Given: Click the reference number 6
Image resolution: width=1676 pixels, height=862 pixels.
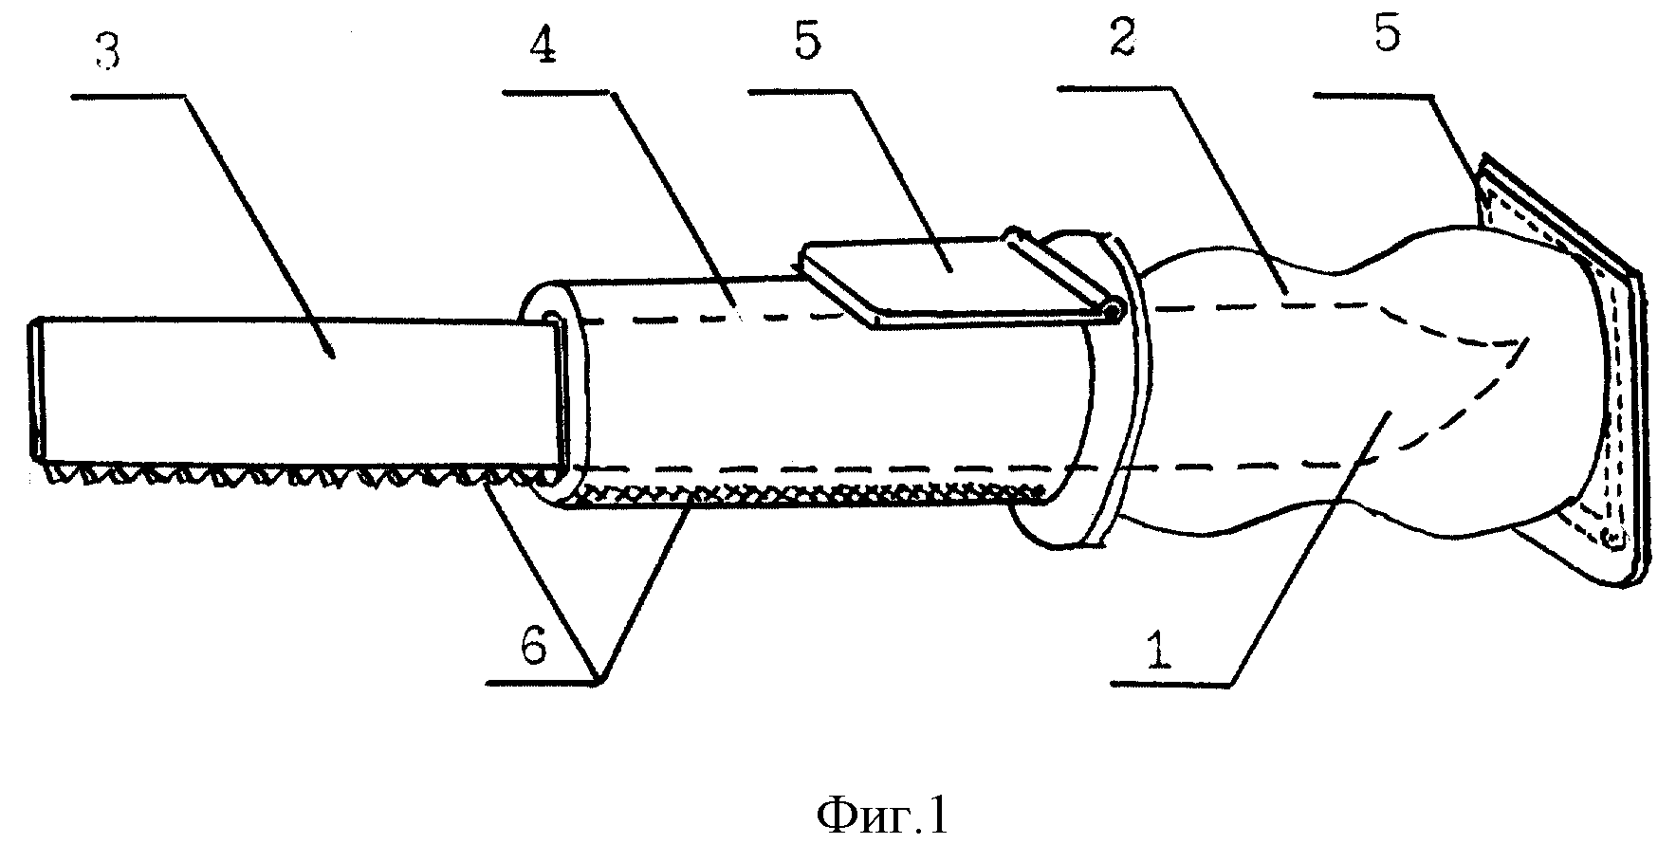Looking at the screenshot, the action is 533,649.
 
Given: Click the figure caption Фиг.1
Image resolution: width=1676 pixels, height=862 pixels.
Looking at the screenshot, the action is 881,817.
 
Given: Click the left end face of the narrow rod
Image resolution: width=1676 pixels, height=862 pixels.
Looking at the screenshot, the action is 35,392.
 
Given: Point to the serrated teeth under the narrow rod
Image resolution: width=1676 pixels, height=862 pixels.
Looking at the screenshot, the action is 285,475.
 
